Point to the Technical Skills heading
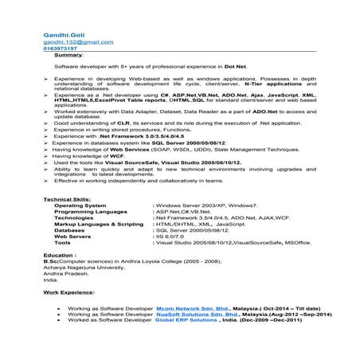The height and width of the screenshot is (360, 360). pyautogui.click(x=68, y=198)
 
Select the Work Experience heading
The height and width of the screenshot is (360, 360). pyautogui.click(x=68, y=294)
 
